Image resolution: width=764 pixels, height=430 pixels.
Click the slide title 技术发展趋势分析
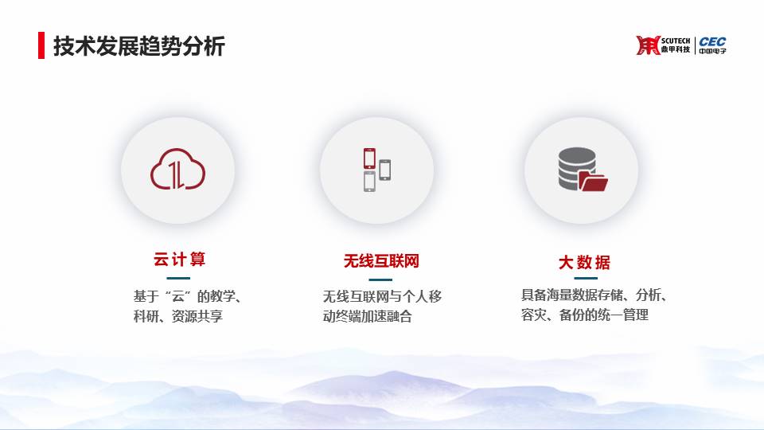click(138, 46)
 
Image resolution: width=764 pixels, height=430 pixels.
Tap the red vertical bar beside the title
click(41, 45)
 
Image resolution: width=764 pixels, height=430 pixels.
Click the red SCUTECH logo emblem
click(648, 45)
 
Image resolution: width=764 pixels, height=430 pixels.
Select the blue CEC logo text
click(712, 41)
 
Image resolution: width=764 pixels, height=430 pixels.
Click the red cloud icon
click(177, 169)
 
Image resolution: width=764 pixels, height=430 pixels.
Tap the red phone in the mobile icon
click(369, 158)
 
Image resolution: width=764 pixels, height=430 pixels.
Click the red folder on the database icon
click(594, 182)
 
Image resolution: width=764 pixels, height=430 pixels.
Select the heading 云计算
click(179, 260)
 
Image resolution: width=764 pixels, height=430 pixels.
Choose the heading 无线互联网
click(381, 261)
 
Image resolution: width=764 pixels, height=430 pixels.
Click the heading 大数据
click(584, 263)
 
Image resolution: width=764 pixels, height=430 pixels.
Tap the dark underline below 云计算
click(178, 279)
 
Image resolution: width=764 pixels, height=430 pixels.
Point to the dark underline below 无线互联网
click(380, 279)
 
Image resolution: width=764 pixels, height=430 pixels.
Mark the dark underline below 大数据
click(586, 279)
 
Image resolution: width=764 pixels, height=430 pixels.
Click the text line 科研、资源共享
click(177, 316)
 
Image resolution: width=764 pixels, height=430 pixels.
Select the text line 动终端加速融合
click(367, 316)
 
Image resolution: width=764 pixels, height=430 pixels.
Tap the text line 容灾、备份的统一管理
click(584, 315)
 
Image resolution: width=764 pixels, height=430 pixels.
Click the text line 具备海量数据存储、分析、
click(594, 295)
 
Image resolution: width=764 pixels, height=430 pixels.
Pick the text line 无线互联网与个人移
click(382, 296)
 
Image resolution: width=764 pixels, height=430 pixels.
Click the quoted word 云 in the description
click(177, 296)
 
